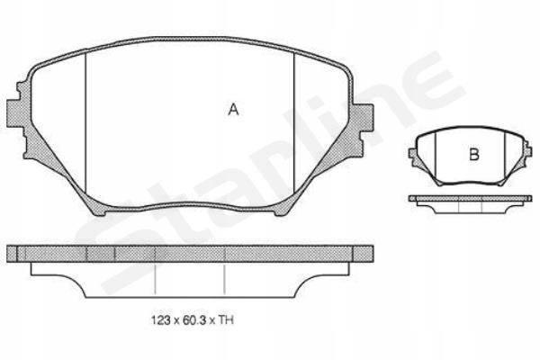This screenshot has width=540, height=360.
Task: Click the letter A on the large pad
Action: [233, 110]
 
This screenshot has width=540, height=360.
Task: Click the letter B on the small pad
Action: [474, 154]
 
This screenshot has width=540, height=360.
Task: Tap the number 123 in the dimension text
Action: [161, 320]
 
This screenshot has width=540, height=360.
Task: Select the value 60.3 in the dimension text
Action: [193, 320]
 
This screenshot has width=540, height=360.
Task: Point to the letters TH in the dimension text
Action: [226, 320]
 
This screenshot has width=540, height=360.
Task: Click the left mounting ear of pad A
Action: [16, 113]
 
